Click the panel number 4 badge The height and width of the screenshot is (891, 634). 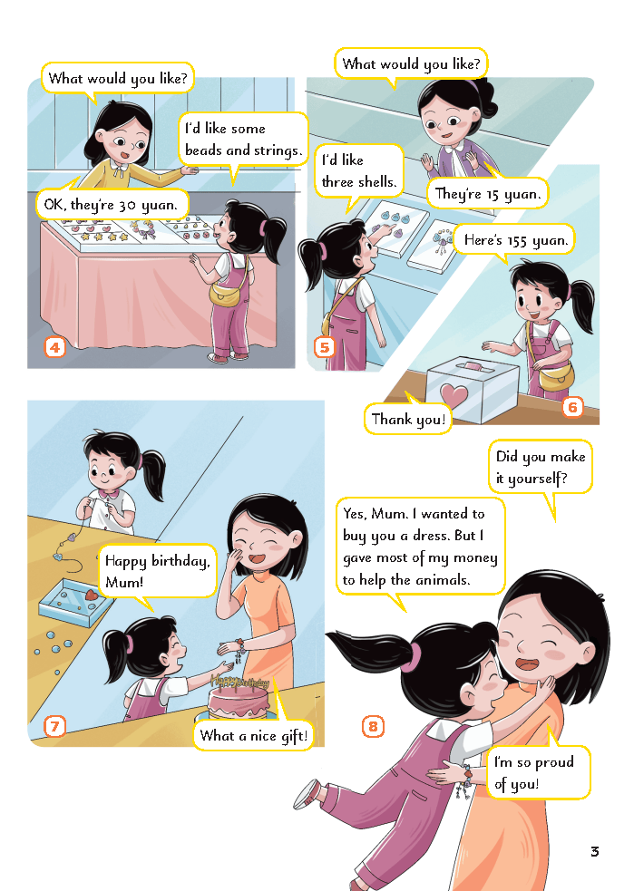[54, 347]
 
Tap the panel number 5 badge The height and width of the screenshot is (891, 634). [325, 347]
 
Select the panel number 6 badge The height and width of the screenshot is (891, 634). [572, 407]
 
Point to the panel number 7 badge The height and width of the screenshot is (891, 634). [54, 726]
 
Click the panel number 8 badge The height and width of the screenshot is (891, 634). [373, 726]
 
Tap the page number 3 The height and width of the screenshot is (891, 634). [595, 851]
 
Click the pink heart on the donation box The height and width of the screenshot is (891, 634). [454, 393]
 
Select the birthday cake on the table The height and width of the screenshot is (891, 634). [239, 698]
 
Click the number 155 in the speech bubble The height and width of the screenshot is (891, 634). [517, 241]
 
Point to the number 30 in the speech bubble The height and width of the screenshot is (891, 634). [127, 205]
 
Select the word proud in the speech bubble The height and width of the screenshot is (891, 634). [554, 762]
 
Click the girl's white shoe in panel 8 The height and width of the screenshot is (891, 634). [307, 793]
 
